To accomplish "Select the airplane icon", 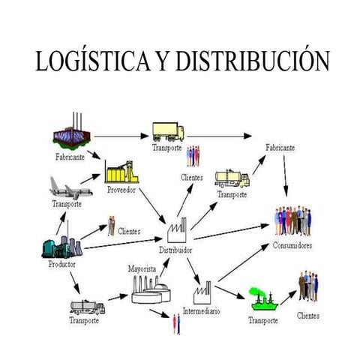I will coord(71,187).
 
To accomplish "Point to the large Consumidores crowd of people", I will coord(292,221).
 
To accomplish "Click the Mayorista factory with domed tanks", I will coord(150,289).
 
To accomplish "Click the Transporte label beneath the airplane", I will coord(67,204).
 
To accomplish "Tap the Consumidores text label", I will coord(292,245).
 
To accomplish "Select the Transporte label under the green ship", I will coord(263,321).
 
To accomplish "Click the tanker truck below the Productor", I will coord(88,307).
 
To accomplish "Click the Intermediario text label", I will coord(201,310).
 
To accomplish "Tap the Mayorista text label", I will coord(142,268).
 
